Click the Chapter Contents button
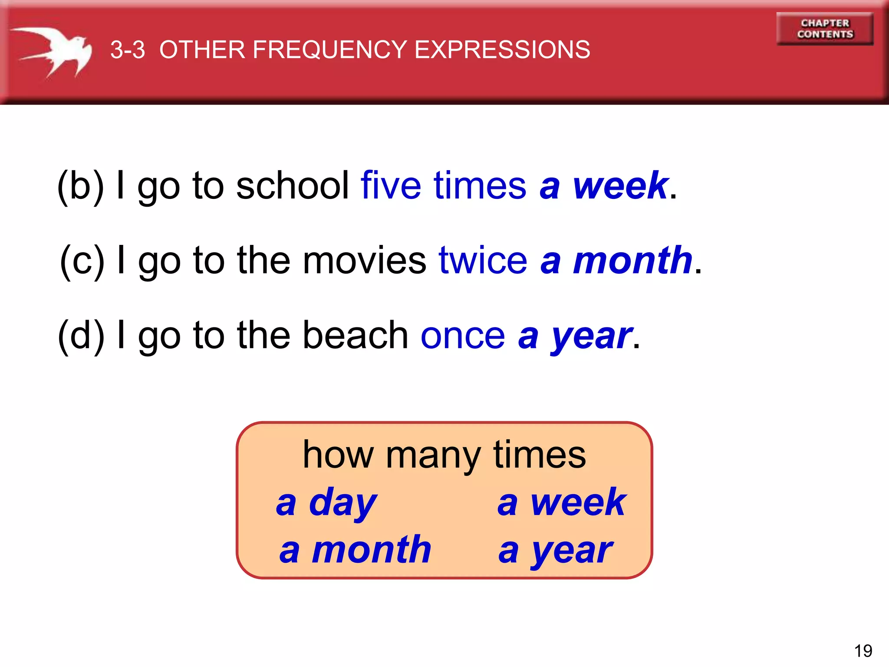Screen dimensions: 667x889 [825, 29]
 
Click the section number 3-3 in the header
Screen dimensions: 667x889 [127, 50]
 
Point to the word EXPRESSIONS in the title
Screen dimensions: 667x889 [502, 50]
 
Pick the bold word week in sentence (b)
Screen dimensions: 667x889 [621, 186]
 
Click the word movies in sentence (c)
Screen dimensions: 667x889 [364, 261]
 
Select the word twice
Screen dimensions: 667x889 [483, 261]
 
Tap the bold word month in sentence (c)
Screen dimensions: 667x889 [633, 261]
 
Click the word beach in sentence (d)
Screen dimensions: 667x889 [355, 335]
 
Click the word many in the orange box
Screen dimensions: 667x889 [433, 456]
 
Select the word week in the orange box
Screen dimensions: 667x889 [578, 503]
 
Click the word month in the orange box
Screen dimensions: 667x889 [372, 550]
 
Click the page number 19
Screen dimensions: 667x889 [863, 651]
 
